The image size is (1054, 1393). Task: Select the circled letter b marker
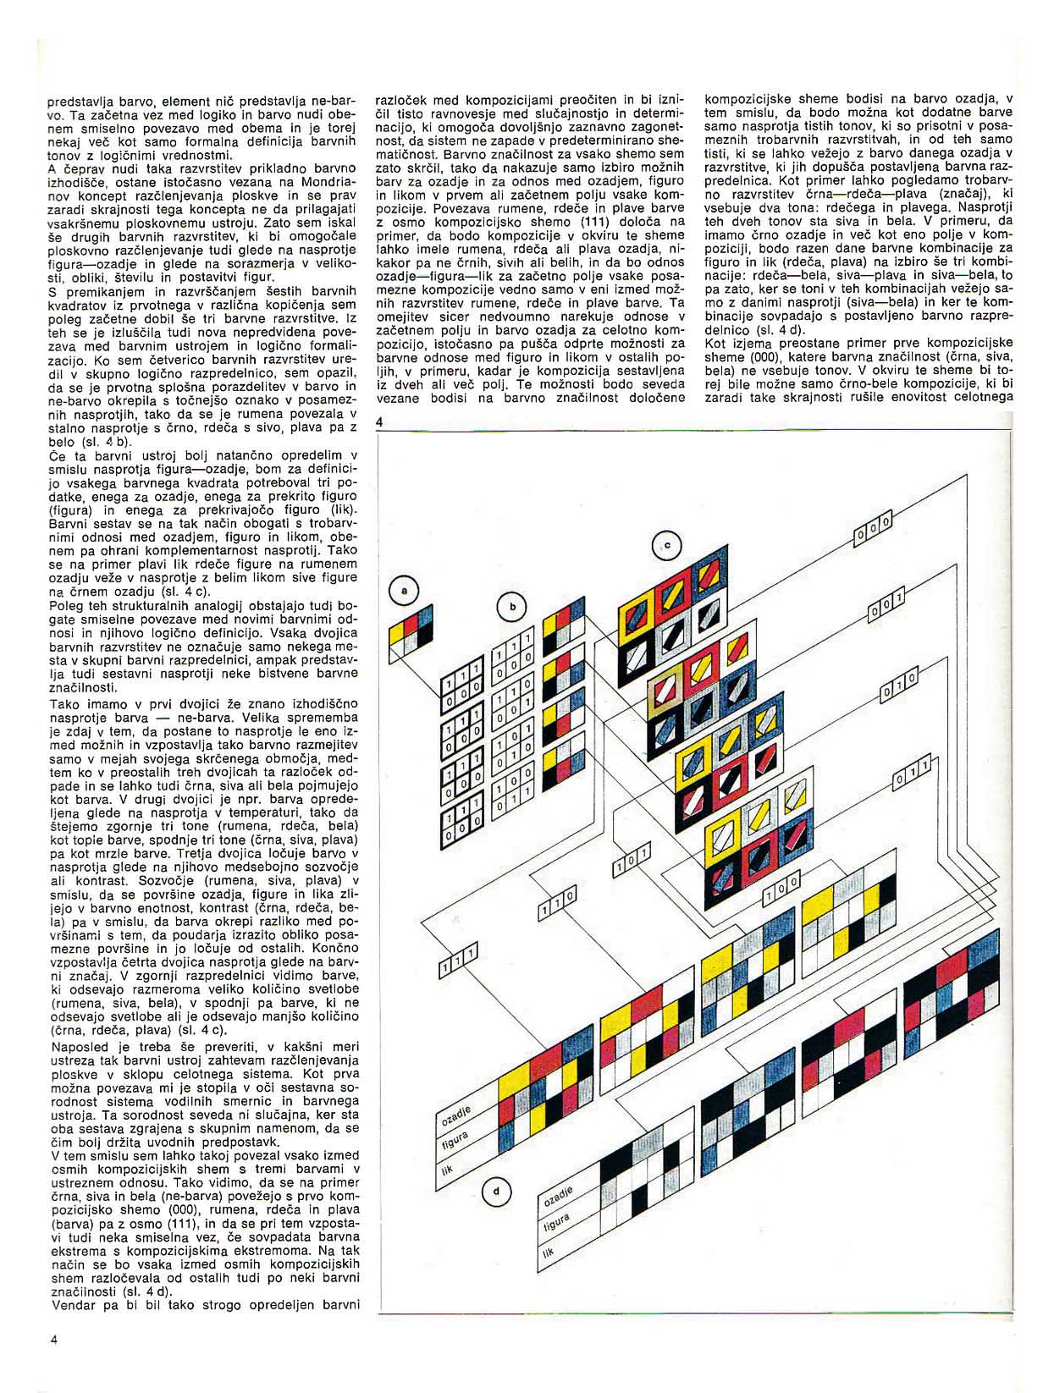(x=511, y=605)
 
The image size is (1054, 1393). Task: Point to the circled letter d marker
(x=495, y=1192)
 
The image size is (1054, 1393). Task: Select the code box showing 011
(x=911, y=772)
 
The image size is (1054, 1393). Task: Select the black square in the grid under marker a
(x=425, y=633)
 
